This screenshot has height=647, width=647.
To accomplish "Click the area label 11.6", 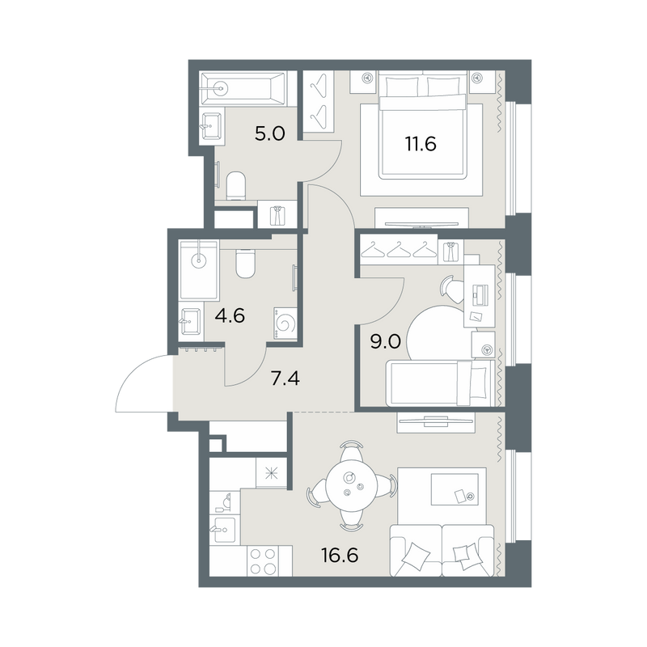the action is (421, 145).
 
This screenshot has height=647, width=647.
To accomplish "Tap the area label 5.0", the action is (270, 134).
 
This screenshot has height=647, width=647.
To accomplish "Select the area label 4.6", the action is (230, 316).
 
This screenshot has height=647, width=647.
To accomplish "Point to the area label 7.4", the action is (285, 378).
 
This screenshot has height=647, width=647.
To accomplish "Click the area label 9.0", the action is (386, 342).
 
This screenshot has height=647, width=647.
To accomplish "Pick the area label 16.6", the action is (340, 556).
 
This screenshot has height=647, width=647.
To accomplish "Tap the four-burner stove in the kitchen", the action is (263, 560).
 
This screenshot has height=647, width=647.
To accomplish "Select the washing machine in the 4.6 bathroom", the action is (285, 324).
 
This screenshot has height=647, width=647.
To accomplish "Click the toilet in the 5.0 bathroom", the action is (236, 185).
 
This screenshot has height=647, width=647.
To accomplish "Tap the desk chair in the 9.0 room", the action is (453, 289).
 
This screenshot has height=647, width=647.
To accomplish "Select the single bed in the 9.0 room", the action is (440, 383).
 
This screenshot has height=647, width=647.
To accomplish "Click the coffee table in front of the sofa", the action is (455, 489).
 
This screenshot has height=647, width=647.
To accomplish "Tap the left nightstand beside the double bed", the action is (363, 82).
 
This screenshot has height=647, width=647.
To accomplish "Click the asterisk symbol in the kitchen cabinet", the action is (272, 473).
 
